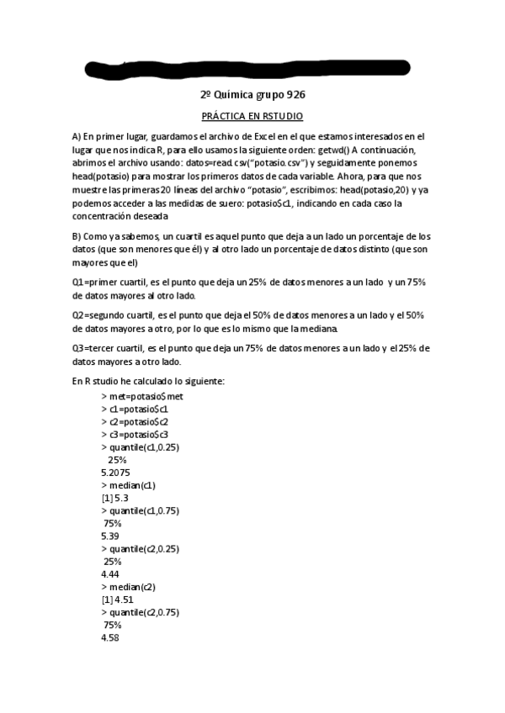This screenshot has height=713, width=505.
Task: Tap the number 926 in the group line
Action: coord(290,95)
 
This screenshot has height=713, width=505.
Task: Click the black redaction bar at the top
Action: coord(252,66)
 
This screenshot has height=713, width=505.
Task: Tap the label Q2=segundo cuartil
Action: coord(111,315)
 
